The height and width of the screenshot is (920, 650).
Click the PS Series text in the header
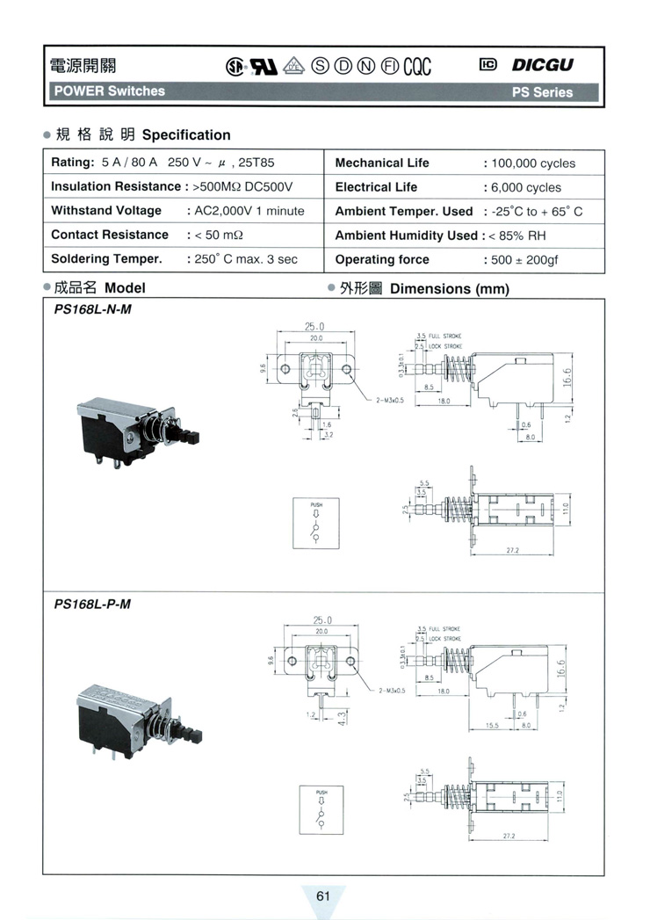[x=542, y=91]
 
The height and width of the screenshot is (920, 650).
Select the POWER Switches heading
[x=108, y=91]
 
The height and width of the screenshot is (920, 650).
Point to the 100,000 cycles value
[x=534, y=163]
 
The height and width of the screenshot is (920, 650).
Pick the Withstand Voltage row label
[x=106, y=211]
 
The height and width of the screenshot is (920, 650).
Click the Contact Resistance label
[x=110, y=235]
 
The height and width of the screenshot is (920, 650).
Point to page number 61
[x=322, y=895]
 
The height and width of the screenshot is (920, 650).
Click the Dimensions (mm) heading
[x=449, y=288]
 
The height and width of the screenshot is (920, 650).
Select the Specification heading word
[x=186, y=135]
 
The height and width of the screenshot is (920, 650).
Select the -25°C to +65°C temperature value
[x=537, y=212]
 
